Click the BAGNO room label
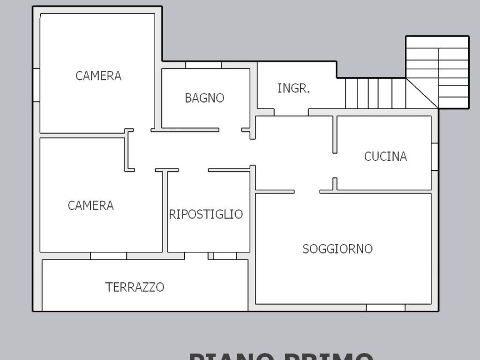tap(204, 98)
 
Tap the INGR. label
tap(293, 88)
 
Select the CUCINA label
tap(385, 156)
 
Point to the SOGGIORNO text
tap(337, 248)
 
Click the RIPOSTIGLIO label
tap(206, 214)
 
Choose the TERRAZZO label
tap(135, 287)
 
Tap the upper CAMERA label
tap(98, 75)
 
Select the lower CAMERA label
tap(90, 205)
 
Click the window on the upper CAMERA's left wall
tap(36, 85)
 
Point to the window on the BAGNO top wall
tap(203, 65)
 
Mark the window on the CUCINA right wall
tap(435, 157)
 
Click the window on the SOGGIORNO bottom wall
tap(385, 307)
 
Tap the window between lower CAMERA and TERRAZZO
tap(108, 256)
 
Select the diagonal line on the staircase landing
tap(422, 93)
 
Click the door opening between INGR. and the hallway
tap(291, 112)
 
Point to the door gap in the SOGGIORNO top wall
tap(307, 191)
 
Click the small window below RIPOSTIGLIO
tap(225, 256)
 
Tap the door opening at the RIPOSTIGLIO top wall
tap(193, 170)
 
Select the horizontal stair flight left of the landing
tap(375, 93)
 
